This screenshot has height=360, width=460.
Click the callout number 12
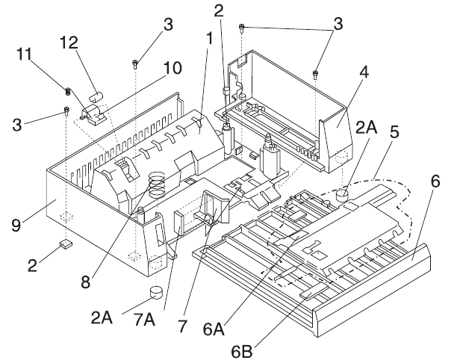(69, 43)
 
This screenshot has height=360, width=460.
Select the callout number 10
(172, 69)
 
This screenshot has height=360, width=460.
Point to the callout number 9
(16, 226)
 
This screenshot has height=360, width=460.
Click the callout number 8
(85, 282)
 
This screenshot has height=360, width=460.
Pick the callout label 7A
(144, 320)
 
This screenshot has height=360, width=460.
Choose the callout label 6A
(214, 329)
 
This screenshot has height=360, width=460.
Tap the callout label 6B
(242, 352)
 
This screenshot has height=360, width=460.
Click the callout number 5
(394, 131)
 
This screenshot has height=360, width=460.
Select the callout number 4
(364, 72)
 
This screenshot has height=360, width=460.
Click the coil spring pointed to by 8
(158, 184)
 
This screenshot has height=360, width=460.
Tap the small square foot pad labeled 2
(66, 243)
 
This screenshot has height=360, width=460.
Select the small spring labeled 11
(68, 92)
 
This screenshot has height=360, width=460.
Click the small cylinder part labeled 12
(96, 96)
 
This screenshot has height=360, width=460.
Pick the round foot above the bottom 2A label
(156, 292)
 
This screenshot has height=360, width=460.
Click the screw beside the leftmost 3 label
(66, 111)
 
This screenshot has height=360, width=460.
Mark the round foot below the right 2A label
(341, 195)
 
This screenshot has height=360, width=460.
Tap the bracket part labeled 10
(94, 114)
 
